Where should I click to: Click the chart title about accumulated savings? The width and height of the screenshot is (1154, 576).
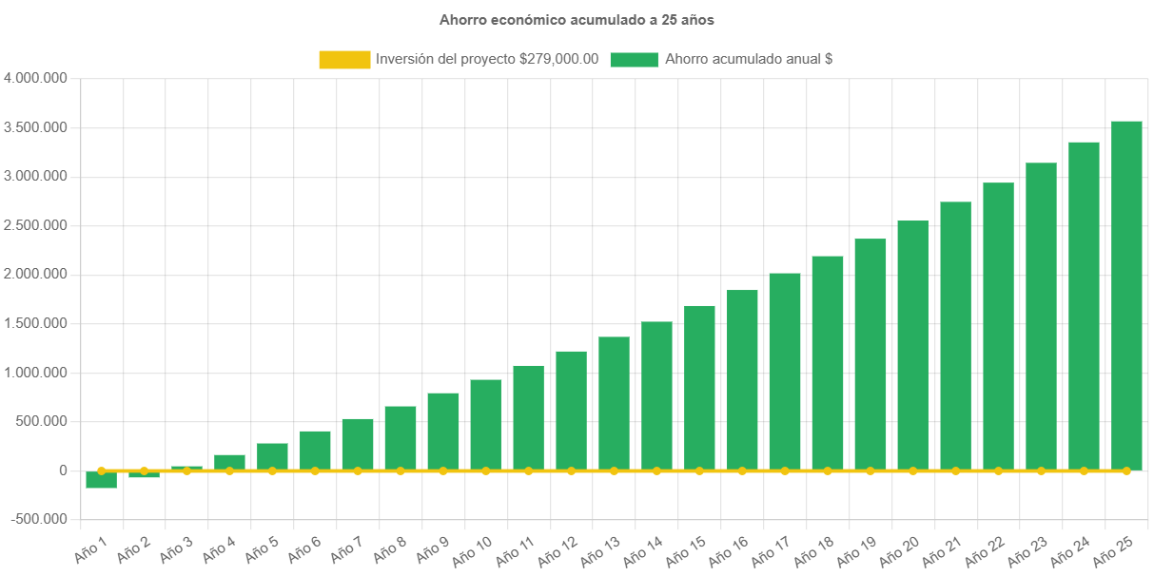coord(577,20)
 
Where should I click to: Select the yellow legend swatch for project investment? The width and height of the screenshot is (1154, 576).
coord(344,60)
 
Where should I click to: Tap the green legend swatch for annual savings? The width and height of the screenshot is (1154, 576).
coord(634,60)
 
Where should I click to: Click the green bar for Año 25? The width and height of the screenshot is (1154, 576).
coord(1126,295)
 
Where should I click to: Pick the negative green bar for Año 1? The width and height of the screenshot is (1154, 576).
coord(101,480)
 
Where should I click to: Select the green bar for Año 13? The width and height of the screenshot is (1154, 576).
coord(614,403)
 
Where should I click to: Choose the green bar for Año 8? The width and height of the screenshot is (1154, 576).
coord(401,438)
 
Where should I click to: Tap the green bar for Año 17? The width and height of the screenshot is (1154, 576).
coord(785,372)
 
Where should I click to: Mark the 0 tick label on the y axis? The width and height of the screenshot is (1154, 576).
coord(63,470)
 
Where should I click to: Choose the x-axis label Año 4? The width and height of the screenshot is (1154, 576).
coord(221,547)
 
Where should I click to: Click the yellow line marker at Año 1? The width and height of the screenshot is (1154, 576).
coord(101,470)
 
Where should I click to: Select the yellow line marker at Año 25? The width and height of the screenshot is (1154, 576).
coord(1126,470)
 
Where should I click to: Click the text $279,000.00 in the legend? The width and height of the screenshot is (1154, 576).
coord(559,60)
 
